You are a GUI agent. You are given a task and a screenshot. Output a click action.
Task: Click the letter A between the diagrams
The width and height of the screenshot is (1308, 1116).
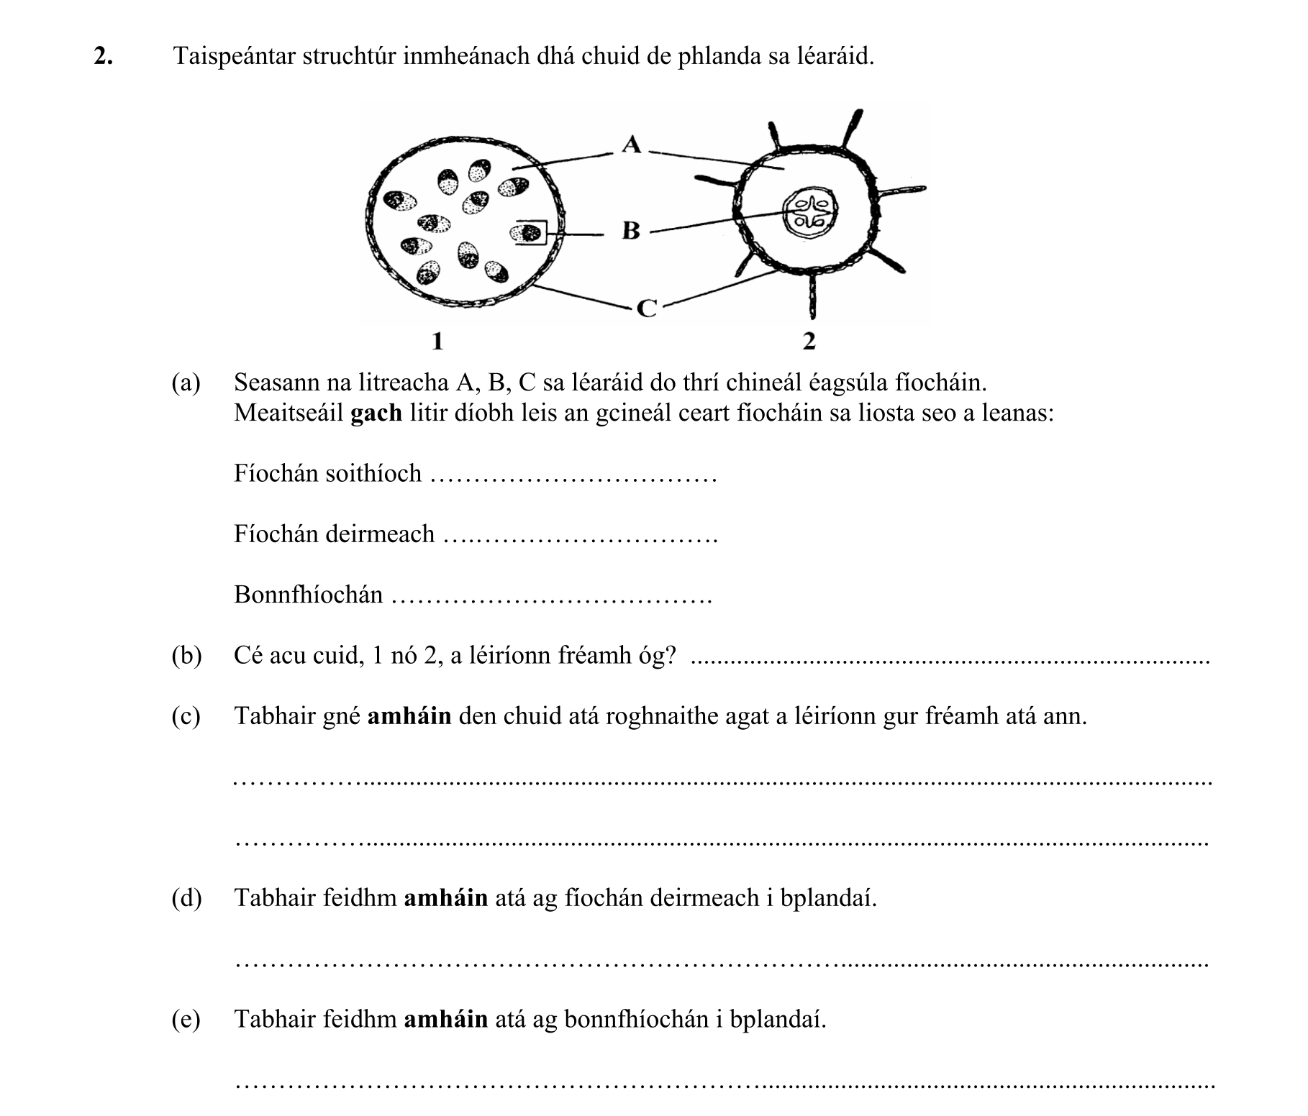631,145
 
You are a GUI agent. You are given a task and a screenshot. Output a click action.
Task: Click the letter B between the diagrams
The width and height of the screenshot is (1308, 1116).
630,231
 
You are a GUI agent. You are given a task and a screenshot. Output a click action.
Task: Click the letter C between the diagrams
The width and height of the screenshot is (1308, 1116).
648,309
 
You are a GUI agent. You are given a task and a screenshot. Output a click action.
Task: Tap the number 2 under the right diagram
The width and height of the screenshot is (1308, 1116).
809,341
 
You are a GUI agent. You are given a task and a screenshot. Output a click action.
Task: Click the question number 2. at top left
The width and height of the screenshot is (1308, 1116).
103,56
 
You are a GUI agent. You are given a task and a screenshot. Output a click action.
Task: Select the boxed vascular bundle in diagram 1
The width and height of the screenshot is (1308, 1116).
529,232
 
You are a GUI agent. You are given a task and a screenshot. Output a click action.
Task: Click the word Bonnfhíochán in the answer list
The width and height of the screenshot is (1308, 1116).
308,595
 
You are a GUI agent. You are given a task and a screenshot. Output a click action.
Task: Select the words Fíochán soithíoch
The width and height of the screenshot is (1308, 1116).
327,474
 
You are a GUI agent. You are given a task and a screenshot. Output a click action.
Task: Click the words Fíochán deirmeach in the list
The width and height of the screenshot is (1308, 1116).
334,534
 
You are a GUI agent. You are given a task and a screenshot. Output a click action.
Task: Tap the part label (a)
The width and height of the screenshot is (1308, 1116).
186,383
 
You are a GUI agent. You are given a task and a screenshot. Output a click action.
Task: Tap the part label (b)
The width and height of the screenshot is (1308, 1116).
186,656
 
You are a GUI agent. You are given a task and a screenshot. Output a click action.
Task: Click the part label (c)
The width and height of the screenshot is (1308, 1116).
186,716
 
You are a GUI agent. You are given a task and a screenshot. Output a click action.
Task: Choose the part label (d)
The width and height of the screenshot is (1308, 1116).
186,898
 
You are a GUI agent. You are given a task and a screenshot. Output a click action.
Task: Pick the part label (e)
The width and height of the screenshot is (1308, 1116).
186,1019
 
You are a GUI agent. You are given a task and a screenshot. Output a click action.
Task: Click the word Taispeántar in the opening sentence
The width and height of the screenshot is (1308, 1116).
235,56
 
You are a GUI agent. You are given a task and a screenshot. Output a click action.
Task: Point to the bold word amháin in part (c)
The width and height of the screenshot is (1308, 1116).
409,716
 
